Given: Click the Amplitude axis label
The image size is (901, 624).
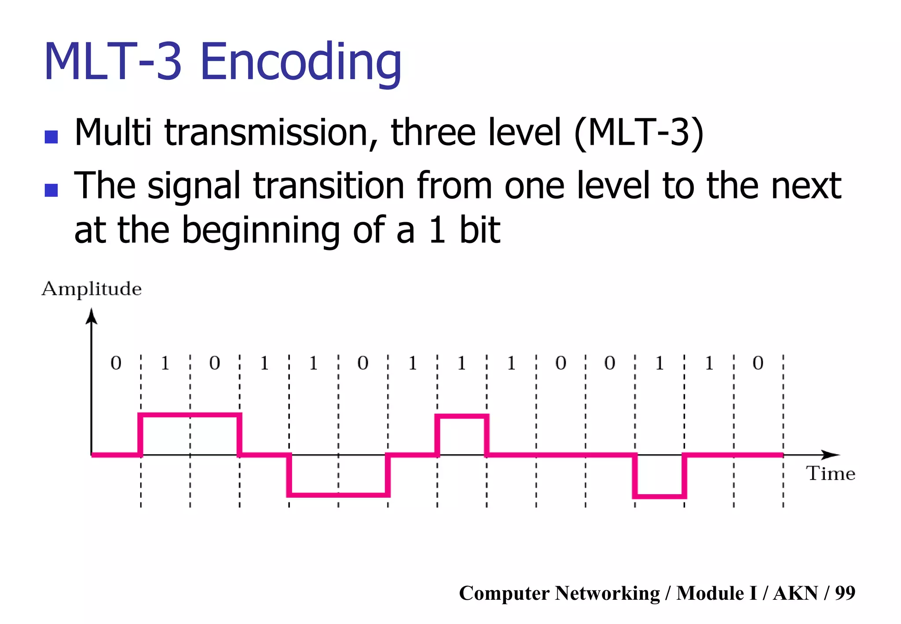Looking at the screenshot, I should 92,289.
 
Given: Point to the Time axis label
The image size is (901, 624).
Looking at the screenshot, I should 831,474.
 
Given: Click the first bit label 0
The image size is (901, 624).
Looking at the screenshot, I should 116,363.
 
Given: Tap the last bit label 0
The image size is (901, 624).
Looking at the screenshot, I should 758,363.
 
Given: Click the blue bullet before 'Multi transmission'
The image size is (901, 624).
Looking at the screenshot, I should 51,137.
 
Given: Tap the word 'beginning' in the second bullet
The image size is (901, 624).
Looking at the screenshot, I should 260,231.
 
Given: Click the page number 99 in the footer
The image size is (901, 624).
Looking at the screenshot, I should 845,593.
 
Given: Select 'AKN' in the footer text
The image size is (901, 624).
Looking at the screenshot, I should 795,593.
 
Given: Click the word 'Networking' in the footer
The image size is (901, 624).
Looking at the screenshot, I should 607,593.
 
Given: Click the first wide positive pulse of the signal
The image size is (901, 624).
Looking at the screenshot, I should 190,415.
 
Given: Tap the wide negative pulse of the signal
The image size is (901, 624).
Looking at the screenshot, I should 338,495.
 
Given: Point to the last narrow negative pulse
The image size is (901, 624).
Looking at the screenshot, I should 659,496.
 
